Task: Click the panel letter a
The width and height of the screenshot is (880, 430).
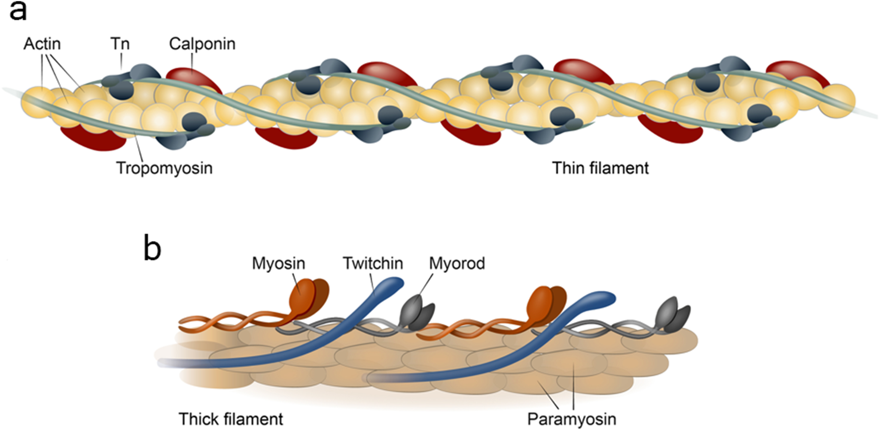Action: point(17,11)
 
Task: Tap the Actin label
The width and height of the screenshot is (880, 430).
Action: point(42,44)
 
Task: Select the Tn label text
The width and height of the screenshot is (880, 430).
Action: point(120,44)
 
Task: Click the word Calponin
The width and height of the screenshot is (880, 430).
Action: point(202,44)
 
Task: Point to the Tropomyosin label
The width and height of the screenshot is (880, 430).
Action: point(164,168)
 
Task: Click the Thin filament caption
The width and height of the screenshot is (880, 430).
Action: point(600,168)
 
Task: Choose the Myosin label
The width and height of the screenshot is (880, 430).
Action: point(278,263)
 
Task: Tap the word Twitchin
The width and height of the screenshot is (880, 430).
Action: point(372,263)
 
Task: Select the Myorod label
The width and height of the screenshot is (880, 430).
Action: point(457,263)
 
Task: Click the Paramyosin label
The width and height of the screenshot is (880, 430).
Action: point(572,419)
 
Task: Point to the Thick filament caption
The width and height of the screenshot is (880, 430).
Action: point(231,419)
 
